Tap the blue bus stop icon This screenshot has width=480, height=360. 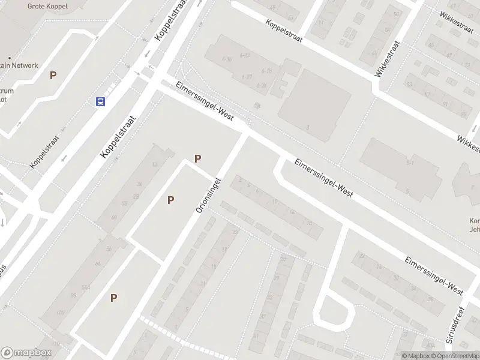point(100,101)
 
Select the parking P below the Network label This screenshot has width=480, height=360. point(53,76)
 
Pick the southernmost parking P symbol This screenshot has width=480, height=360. point(113,298)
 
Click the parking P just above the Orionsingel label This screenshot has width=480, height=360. point(197,159)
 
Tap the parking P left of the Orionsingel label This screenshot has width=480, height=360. point(171,200)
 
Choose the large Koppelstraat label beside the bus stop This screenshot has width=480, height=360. point(119,137)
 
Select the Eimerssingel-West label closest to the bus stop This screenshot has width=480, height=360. point(204,102)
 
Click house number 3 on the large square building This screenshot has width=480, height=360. point(308,127)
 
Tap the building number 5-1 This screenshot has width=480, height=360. point(410,162)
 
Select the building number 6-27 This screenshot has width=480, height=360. point(246,77)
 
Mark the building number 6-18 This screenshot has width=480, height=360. point(266,71)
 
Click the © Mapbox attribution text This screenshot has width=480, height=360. point(415,356)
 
